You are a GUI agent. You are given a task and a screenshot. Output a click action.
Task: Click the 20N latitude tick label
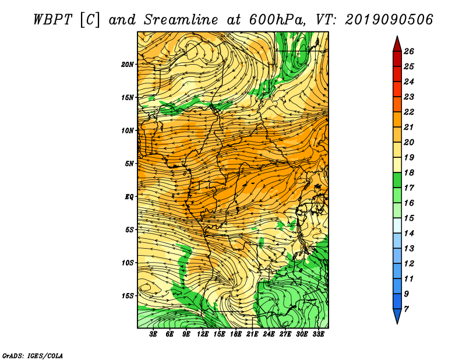127,64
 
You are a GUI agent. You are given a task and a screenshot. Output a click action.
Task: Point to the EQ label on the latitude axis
129,197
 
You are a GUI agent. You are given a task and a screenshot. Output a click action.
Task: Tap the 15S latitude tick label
128,296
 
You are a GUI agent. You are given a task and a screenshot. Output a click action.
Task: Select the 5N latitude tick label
129,164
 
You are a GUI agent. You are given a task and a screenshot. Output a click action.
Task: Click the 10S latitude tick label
128,263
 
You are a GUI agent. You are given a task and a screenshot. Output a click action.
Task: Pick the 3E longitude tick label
153,334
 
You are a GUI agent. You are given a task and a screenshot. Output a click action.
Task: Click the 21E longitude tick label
252,334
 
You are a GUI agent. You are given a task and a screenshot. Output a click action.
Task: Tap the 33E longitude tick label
318,334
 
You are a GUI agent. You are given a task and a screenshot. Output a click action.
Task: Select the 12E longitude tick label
202,334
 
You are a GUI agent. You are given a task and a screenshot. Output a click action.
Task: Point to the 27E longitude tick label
285,334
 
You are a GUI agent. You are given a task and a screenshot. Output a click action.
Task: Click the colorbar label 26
409,51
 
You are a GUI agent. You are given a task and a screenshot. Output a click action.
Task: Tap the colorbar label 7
406,309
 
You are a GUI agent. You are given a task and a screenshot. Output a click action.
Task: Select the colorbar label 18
409,172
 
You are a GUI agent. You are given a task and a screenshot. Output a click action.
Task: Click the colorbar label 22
409,112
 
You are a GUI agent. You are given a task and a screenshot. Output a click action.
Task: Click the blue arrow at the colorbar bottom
397,316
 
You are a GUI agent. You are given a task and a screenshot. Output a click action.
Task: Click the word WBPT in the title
52,20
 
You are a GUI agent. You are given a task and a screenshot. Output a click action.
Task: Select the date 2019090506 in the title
389,20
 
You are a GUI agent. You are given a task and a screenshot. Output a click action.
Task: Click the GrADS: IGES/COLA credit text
33,355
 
